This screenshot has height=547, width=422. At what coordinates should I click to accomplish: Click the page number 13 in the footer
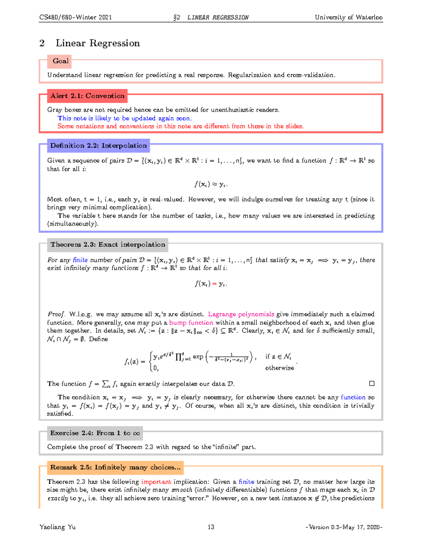tap(211, 527)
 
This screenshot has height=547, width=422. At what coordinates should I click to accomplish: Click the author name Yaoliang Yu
tap(58, 527)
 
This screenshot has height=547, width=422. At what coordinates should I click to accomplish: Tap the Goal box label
tap(60, 61)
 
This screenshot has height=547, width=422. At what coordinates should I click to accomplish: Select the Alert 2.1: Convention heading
tap(87, 96)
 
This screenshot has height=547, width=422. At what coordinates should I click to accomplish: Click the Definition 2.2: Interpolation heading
tap(98, 145)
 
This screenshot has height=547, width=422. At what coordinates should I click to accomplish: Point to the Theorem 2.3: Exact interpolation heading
tap(108, 244)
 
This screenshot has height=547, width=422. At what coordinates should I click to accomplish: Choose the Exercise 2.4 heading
tap(95, 433)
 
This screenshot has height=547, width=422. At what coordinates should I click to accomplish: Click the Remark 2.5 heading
tap(115, 467)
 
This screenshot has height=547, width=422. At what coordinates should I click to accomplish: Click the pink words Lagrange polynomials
tap(241, 314)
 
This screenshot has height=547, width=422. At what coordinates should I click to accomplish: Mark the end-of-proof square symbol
tap(372, 383)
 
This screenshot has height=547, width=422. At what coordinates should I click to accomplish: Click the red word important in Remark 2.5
tap(156, 481)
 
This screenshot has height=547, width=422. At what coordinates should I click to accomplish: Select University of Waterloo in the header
tap(349, 17)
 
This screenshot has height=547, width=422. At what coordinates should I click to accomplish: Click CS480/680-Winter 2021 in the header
tap(76, 17)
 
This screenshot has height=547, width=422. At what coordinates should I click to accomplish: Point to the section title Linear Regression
tap(97, 43)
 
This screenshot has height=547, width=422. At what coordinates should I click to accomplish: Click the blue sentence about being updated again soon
tap(124, 118)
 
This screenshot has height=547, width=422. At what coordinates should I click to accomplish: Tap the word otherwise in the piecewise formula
tap(280, 368)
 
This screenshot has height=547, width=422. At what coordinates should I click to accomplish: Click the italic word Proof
tap(56, 314)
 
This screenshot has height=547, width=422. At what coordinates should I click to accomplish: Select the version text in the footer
tap(344, 527)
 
